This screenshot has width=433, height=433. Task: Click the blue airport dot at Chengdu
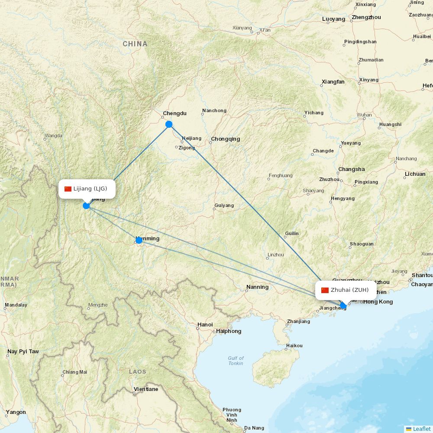click(x=169, y=124)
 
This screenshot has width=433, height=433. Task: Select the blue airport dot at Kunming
click(x=139, y=240)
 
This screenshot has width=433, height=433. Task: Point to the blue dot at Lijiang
click(x=86, y=205)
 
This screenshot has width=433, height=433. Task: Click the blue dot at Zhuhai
click(x=343, y=306)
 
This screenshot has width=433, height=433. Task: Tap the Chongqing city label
click(x=225, y=139)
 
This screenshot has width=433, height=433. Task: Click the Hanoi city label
click(x=205, y=324)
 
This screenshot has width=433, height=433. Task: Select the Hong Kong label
click(x=378, y=302)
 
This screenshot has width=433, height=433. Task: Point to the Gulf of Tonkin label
click(x=236, y=361)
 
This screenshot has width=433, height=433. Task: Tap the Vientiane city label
click(x=146, y=389)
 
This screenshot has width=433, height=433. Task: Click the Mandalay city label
click(x=16, y=305)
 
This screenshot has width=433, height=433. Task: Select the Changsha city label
click(x=352, y=169)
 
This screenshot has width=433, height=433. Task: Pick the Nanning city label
click(x=257, y=287)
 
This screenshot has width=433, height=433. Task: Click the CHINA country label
click(x=135, y=44)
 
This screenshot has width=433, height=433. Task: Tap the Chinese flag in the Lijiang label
click(x=68, y=189)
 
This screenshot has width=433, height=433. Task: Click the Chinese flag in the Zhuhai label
click(x=325, y=290)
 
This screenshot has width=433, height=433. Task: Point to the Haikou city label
click(x=294, y=346)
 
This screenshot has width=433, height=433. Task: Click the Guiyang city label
click(x=224, y=205)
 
